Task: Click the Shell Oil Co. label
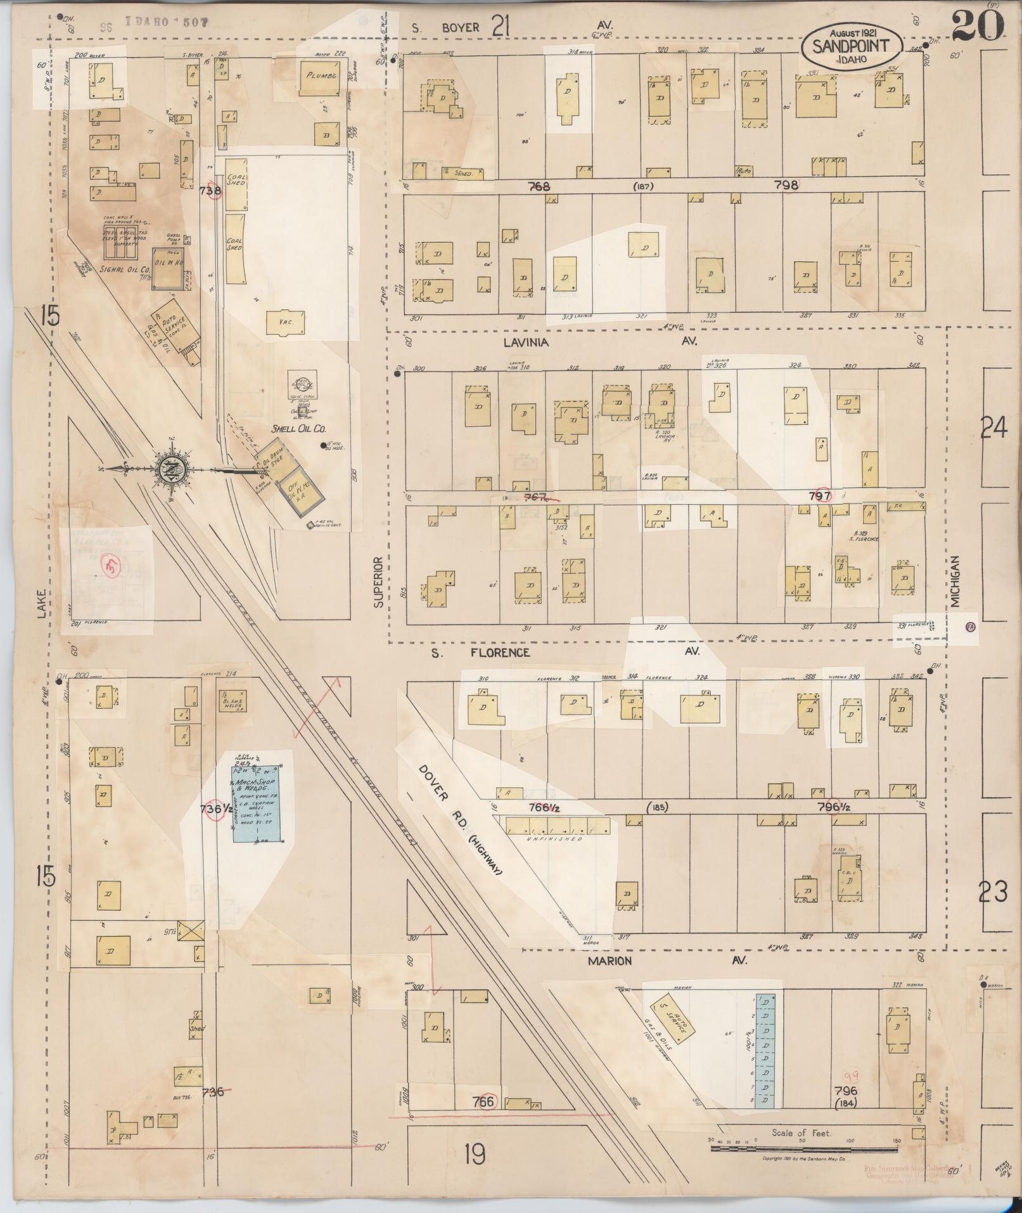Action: (x=298, y=428)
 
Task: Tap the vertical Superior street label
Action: (x=378, y=582)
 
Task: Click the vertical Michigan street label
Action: (x=955, y=582)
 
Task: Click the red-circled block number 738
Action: (x=211, y=190)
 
